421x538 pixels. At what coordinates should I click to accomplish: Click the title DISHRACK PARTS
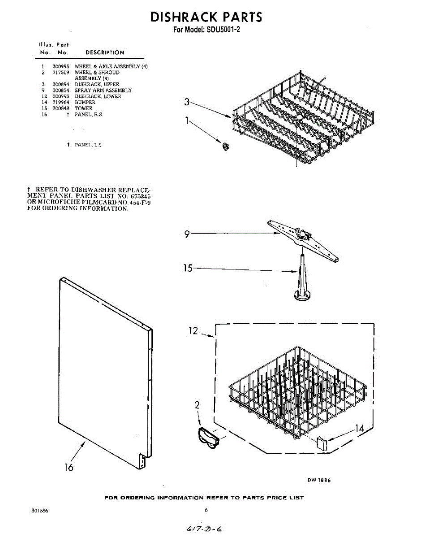pyautogui.click(x=206, y=17)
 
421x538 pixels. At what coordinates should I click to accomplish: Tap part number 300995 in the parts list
pyautogui.click(x=60, y=66)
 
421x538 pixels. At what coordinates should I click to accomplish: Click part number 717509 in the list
pyautogui.click(x=60, y=72)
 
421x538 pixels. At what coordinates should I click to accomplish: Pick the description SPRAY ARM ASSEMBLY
pyautogui.click(x=103, y=91)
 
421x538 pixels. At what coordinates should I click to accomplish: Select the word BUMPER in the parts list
pyautogui.click(x=85, y=102)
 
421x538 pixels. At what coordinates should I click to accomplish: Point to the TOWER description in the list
pyautogui.click(x=83, y=108)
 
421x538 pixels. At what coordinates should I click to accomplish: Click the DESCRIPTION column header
pyautogui.click(x=105, y=52)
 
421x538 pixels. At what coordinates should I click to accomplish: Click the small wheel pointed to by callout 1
pyautogui.click(x=225, y=145)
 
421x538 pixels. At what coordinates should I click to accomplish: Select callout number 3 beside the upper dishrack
pyautogui.click(x=187, y=102)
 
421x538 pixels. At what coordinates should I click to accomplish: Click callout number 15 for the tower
pyautogui.click(x=188, y=268)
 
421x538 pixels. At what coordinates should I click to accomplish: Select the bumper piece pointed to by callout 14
pyautogui.click(x=321, y=444)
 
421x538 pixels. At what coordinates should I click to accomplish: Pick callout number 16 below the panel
pyautogui.click(x=69, y=467)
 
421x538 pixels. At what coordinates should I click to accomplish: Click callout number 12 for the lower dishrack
pyautogui.click(x=193, y=331)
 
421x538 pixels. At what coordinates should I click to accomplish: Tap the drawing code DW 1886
pyautogui.click(x=319, y=480)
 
